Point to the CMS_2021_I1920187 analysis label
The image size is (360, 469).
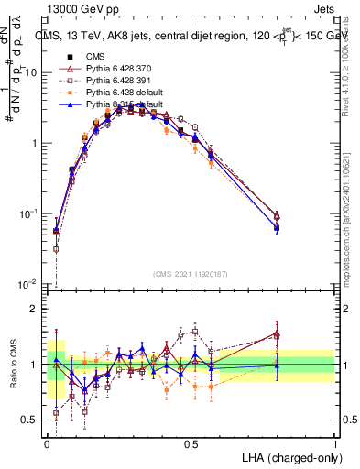coord(191,274)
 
